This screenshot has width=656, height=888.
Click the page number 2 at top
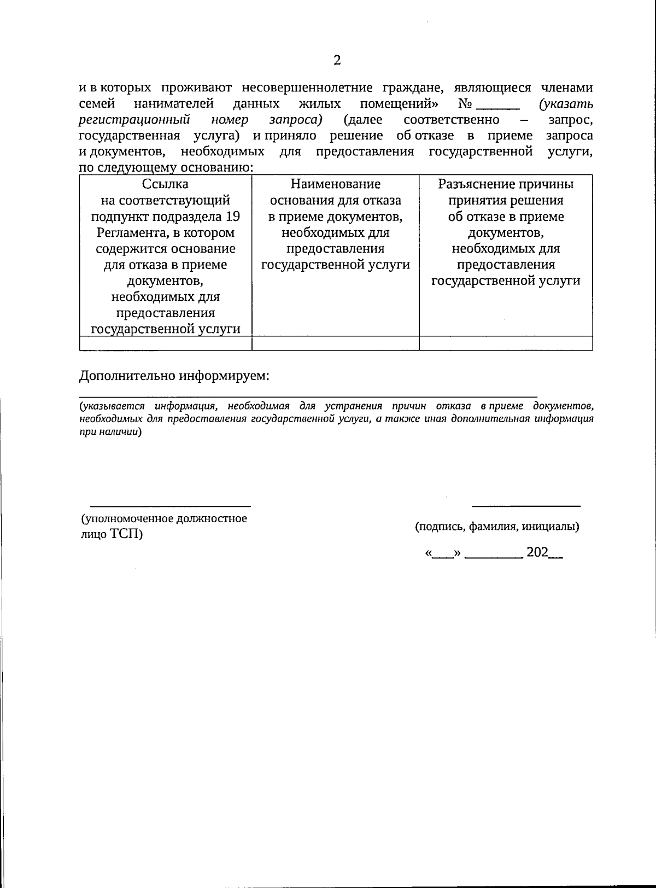click(x=337, y=60)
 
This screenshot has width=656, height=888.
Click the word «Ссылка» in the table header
click(x=165, y=184)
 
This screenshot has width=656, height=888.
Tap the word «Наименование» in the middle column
click(x=335, y=184)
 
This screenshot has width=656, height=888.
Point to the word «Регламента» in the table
click(x=130, y=233)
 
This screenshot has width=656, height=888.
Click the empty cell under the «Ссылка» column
click(x=165, y=343)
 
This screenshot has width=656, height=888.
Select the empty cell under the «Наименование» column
click(x=335, y=343)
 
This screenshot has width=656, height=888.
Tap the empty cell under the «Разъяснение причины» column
click(x=506, y=343)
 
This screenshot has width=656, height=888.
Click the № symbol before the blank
click(x=465, y=104)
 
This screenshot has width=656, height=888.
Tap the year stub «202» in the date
click(x=537, y=553)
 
